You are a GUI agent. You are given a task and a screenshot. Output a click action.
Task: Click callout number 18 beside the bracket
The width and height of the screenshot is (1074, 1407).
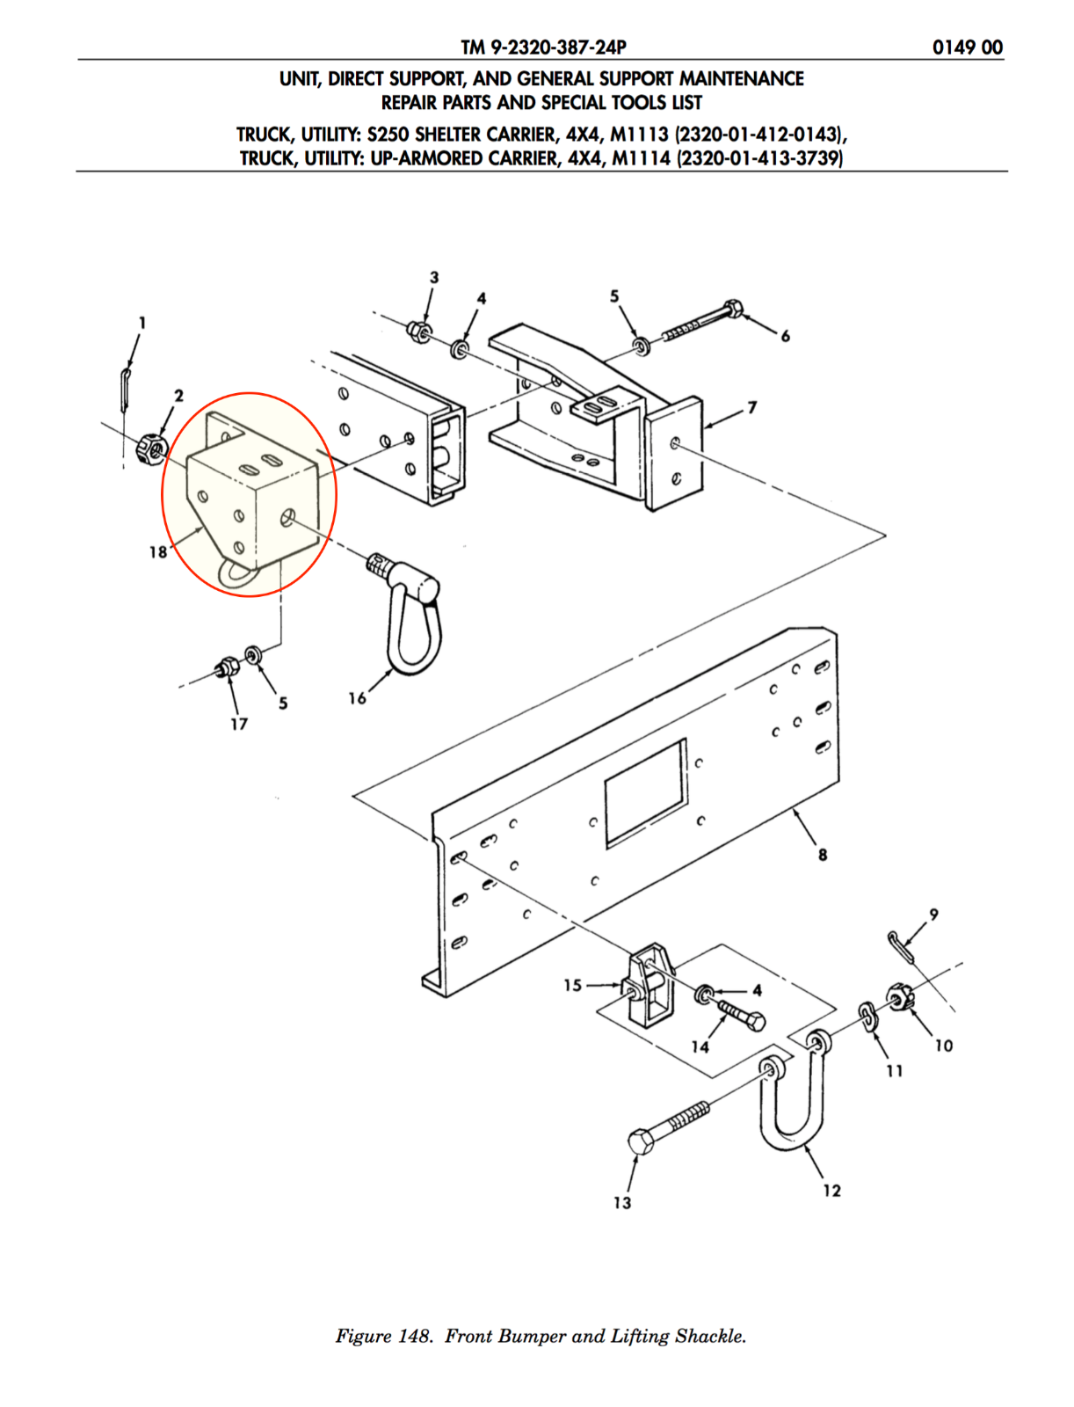pos(157,551)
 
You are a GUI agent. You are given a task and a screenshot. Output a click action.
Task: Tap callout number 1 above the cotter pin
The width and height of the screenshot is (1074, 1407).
pos(142,323)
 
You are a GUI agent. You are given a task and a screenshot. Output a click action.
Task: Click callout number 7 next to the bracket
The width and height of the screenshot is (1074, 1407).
pos(751,408)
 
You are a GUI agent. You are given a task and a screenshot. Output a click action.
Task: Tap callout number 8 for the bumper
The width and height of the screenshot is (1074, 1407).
pos(823,855)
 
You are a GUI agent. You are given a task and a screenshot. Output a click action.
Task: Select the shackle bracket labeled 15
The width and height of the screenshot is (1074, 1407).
pos(648,985)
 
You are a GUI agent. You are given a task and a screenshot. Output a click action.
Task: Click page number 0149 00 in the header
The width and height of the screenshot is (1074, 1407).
pos(967,47)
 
